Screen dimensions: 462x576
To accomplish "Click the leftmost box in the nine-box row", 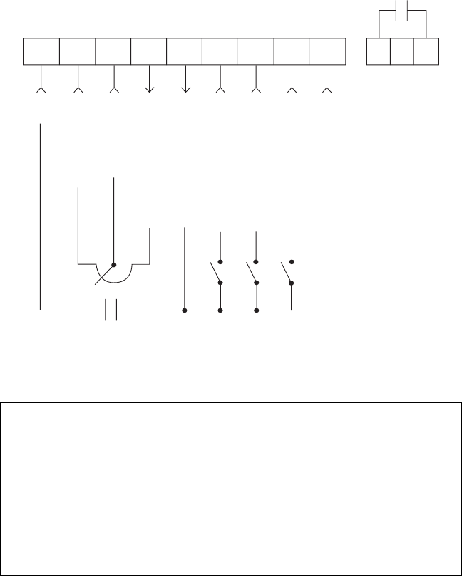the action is click(x=41, y=51).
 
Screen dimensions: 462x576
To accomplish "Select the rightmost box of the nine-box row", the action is click(x=327, y=51).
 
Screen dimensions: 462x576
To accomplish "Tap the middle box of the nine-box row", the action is click(x=185, y=51).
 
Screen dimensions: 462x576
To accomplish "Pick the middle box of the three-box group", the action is click(x=401, y=51).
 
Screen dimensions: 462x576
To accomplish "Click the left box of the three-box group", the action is click(x=378, y=51).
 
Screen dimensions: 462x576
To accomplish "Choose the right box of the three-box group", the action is click(x=425, y=51).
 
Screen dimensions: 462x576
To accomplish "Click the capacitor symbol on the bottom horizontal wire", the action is click(x=111, y=310).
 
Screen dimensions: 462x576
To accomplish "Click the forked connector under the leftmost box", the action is click(x=41, y=90).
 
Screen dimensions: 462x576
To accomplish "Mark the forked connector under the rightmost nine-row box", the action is click(x=327, y=90).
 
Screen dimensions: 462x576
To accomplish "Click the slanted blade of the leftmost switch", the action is click(x=215, y=273).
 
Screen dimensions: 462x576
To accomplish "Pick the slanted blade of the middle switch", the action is click(x=250, y=273).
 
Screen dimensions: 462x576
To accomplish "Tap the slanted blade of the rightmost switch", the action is click(x=286, y=273).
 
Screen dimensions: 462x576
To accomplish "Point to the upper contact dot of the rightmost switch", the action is click(x=292, y=263).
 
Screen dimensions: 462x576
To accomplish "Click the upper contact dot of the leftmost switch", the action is click(x=220, y=263).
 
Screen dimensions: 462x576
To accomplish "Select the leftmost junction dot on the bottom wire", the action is click(x=185, y=310).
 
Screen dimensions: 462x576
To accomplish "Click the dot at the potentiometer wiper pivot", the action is click(x=114, y=263).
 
